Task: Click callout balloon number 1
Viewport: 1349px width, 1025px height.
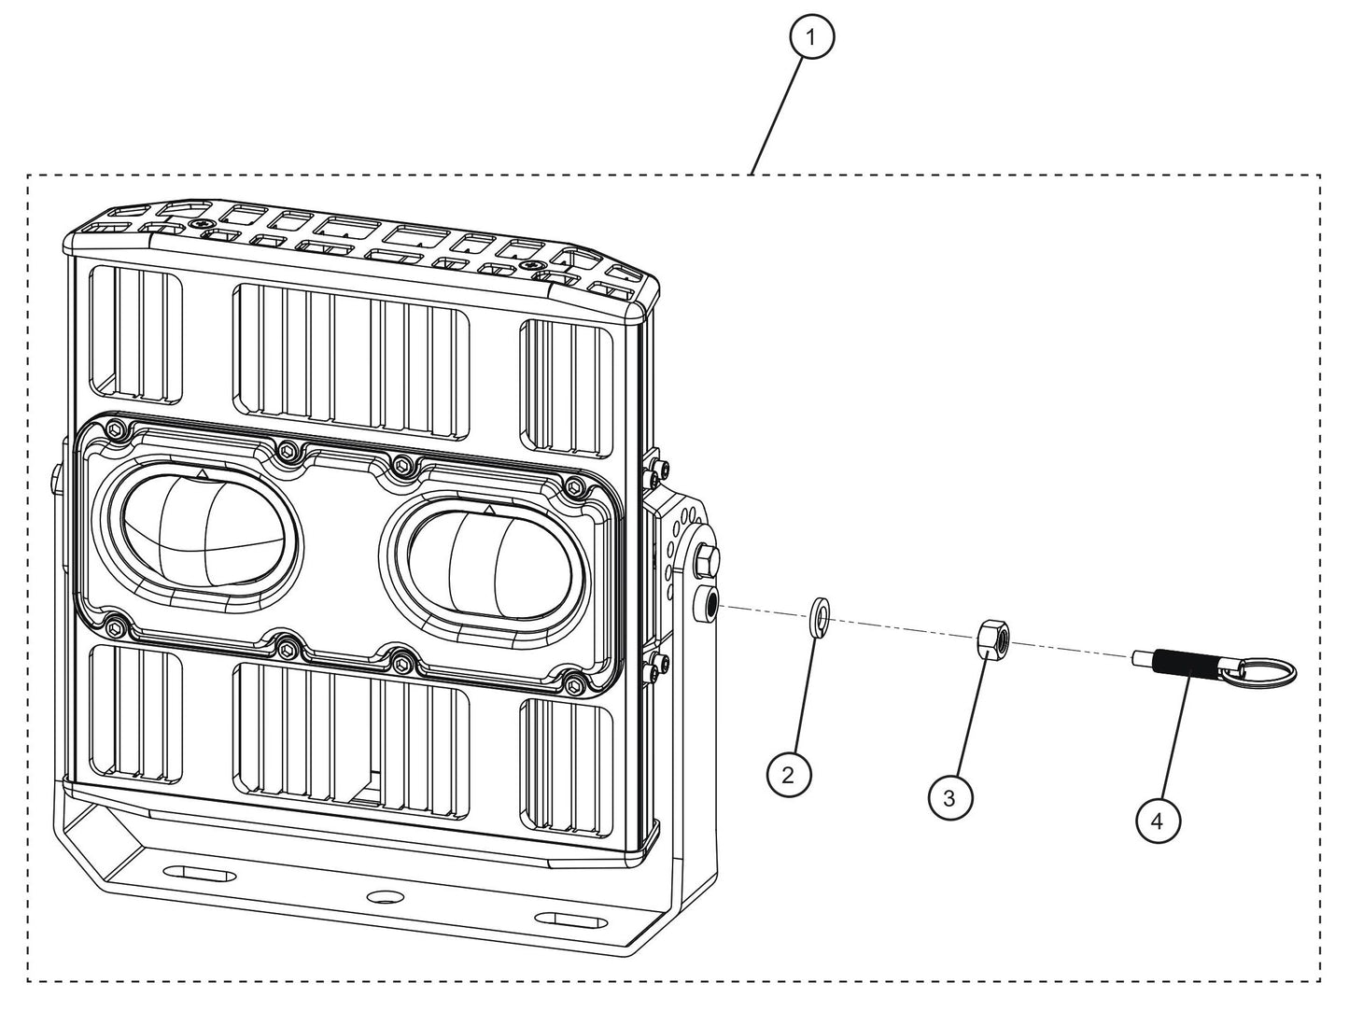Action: [x=811, y=37]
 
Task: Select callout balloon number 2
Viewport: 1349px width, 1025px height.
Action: [x=788, y=774]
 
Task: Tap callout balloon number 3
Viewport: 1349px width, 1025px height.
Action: [x=949, y=798]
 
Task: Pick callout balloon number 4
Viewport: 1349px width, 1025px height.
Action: [x=1158, y=821]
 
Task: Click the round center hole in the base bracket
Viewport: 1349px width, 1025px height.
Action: [x=381, y=896]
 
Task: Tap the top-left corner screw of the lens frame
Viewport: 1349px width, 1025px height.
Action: [x=115, y=428]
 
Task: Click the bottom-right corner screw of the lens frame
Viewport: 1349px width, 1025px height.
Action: [x=572, y=686]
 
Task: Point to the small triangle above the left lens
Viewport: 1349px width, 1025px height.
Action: [x=203, y=474]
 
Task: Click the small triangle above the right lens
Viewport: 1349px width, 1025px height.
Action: [x=488, y=509]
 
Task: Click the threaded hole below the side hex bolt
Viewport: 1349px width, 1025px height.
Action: [x=710, y=605]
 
